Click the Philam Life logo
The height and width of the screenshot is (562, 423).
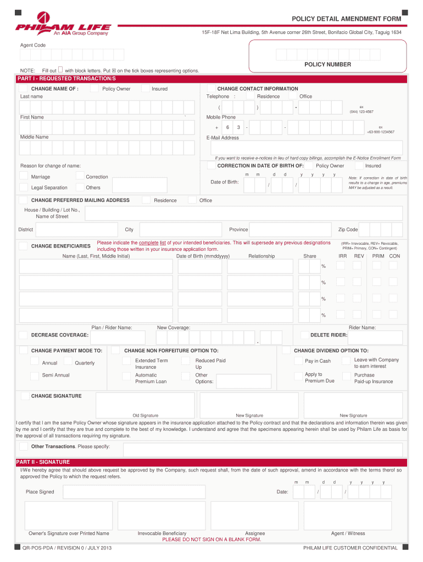[x=63, y=24]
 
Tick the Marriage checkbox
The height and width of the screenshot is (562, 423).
[x=24, y=176]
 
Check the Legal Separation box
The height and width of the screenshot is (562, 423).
[x=24, y=187]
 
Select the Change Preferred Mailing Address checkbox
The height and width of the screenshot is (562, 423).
[x=24, y=200]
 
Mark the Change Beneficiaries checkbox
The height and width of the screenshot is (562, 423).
[x=24, y=246]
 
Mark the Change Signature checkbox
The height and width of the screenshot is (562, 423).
[x=24, y=396]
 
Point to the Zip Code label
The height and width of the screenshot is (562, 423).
[x=348, y=229]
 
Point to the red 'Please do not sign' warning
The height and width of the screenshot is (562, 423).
[x=211, y=539]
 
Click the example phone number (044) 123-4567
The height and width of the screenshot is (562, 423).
[x=361, y=111]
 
